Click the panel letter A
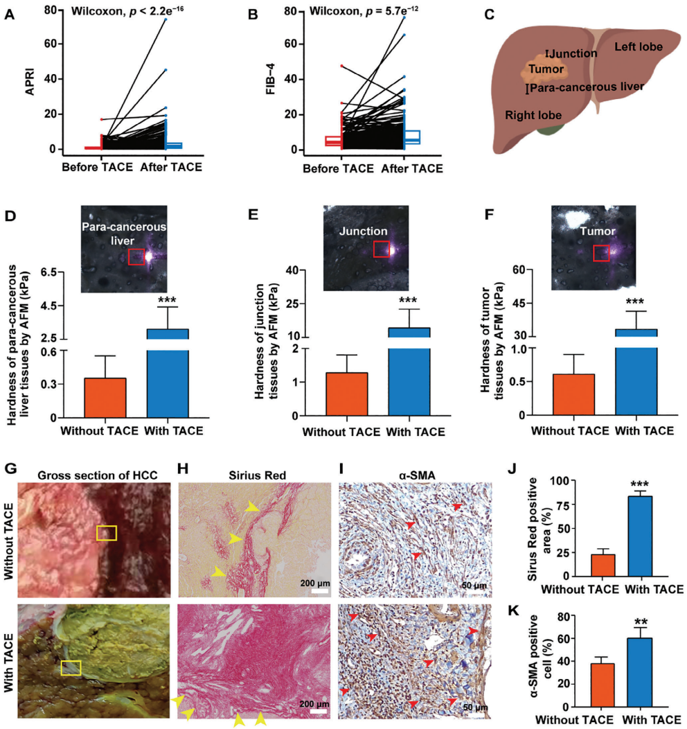pyautogui.click(x=9, y=12)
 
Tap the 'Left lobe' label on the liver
pyautogui.click(x=638, y=47)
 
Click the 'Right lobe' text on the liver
pyautogui.click(x=533, y=115)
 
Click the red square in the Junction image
pyautogui.click(x=382, y=249)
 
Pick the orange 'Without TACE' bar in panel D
pyautogui.click(x=105, y=398)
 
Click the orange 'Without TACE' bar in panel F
pyautogui.click(x=574, y=394)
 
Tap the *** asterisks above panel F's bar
pyautogui.click(x=635, y=302)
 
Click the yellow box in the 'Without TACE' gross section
pyautogui.click(x=107, y=532)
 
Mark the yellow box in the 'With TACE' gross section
pyautogui.click(x=71, y=667)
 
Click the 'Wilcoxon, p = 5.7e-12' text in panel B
pyautogui.click(x=364, y=11)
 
